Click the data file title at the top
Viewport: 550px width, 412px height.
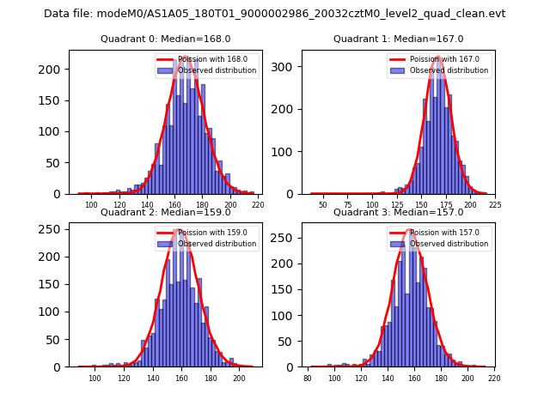tap(274, 14)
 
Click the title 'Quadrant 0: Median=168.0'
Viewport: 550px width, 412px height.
tap(166, 39)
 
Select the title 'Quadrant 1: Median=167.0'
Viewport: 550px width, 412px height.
tap(399, 39)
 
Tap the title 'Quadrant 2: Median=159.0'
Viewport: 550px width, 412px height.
tap(166, 212)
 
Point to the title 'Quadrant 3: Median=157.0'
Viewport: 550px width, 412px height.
tap(399, 212)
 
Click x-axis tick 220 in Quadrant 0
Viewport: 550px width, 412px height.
tap(258, 206)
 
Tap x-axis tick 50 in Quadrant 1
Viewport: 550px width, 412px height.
tap(323, 206)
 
